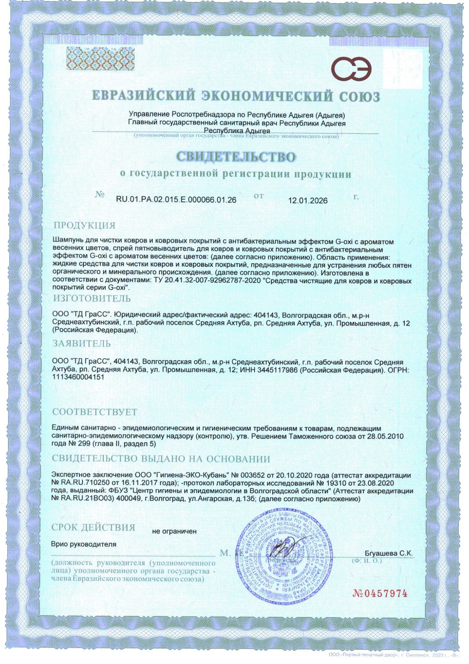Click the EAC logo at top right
pyautogui.click(x=351, y=68)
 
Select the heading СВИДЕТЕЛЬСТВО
pyautogui.click(x=236, y=157)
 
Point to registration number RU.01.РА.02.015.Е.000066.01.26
pyautogui.click(x=176, y=200)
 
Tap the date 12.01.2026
pyautogui.click(x=308, y=201)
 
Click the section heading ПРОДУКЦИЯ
pyautogui.click(x=84, y=225)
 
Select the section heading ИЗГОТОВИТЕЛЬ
pyautogui.click(x=92, y=299)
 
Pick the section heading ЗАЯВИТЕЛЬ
pyautogui.click(x=82, y=344)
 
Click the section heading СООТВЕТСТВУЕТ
pyautogui.click(x=95, y=412)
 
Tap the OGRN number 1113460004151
pyautogui.click(x=78, y=377)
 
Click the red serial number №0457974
pyautogui.click(x=380, y=593)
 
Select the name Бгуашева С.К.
pyautogui.click(x=388, y=553)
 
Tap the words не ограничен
pyautogui.click(x=174, y=531)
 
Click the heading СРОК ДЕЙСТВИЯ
pyautogui.click(x=93, y=527)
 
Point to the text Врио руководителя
pyautogui.click(x=84, y=544)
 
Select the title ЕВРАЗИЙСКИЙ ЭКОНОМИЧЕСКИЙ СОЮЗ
pyautogui.click(x=236, y=96)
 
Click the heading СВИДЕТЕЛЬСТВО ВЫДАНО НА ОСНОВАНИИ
pyautogui.click(x=161, y=459)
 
